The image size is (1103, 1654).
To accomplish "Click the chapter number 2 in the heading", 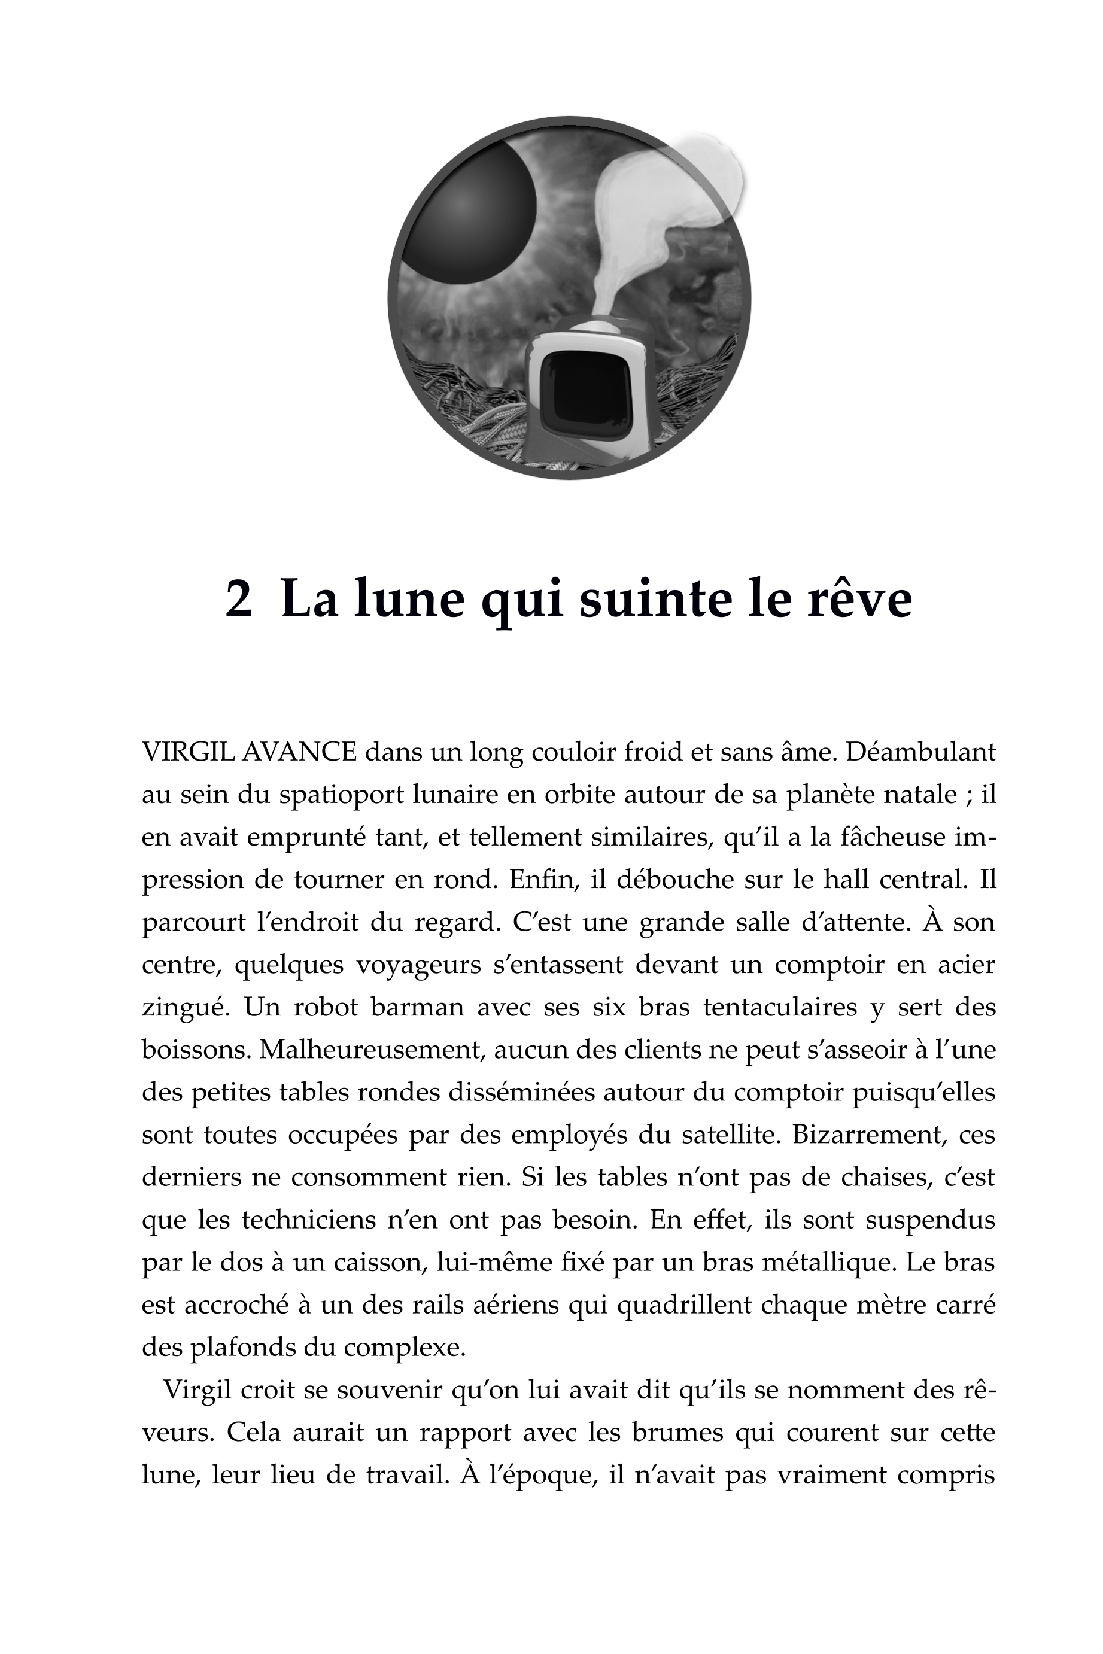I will tap(238, 599).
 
